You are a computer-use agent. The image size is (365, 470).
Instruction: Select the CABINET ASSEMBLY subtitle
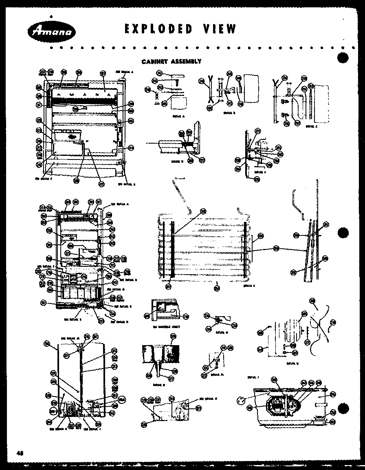coord(171,62)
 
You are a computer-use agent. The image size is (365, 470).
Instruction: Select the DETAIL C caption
coord(312,126)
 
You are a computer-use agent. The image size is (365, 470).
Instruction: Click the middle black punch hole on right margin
coord(343,233)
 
